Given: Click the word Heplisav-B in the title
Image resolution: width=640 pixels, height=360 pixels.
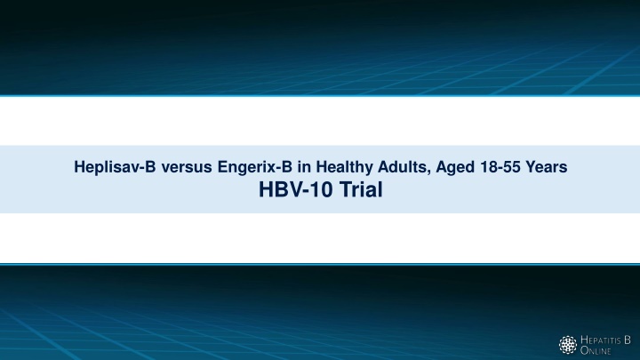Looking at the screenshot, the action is pyautogui.click(x=115, y=167).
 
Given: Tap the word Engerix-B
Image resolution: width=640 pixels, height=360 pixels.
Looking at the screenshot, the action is pyautogui.click(x=255, y=167).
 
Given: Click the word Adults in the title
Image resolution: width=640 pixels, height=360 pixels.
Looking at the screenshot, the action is pyautogui.click(x=403, y=167).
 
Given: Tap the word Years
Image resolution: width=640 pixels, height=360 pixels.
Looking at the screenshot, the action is pyautogui.click(x=546, y=167).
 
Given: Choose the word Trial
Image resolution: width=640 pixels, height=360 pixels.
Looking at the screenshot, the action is pyautogui.click(x=361, y=190).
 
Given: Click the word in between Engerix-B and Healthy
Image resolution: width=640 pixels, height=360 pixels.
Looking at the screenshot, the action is pyautogui.click(x=304, y=167).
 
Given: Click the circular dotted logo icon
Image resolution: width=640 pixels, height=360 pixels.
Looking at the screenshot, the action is pyautogui.click(x=568, y=345).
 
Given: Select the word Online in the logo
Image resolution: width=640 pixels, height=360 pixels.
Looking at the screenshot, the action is pyautogui.click(x=596, y=350).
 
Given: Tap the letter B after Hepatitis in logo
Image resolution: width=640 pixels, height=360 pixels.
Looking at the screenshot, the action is pyautogui.click(x=628, y=340).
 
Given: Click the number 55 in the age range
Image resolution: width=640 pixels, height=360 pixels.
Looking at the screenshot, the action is pyautogui.click(x=510, y=167).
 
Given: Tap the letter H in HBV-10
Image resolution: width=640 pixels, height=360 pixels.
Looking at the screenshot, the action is pyautogui.click(x=266, y=190).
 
